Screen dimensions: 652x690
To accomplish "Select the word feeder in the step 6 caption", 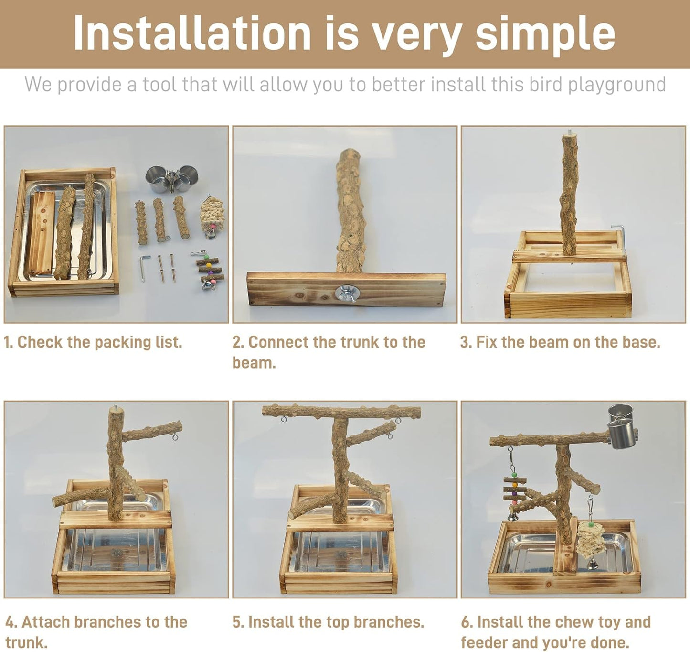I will [x=484, y=642].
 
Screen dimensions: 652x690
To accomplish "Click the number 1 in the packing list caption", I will [x=7, y=342].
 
